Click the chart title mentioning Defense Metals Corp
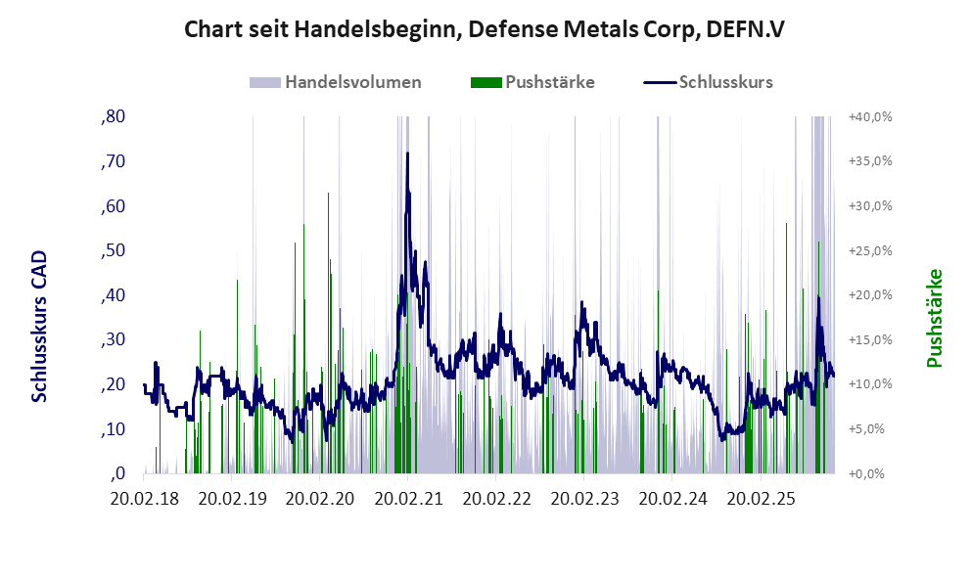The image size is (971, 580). coord(484,30)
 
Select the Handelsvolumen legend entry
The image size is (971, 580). coord(336,82)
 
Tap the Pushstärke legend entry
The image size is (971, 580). coord(532,82)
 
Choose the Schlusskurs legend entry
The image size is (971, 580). coord(708,82)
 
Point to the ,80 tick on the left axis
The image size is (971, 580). coord(113,116)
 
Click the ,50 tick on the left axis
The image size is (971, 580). coord(113,250)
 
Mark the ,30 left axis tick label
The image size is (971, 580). coord(113,339)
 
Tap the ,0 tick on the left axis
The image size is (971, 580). coord(117,473)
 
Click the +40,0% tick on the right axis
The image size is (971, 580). coord(869,116)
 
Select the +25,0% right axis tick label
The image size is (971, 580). coord(869,250)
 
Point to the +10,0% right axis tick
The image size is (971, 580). coord(869,384)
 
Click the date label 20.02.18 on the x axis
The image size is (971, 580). coord(146,498)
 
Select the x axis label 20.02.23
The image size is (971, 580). coord(584,498)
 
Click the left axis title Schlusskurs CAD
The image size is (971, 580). coord(40,327)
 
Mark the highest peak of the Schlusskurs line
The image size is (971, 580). coord(407,154)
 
